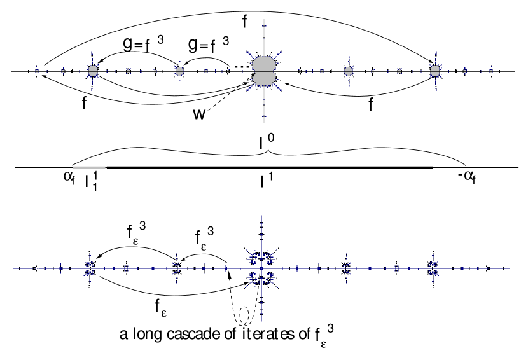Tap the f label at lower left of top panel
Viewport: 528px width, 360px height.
click(84, 103)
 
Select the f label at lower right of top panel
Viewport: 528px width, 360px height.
click(371, 104)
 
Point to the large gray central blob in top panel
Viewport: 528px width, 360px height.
click(263, 71)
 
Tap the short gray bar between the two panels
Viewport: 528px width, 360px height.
click(89, 167)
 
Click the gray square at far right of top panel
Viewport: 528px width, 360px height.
click(435, 71)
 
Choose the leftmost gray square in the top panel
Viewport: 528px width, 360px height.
click(93, 71)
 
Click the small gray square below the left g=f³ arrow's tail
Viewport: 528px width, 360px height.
click(179, 71)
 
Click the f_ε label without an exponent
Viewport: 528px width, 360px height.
click(160, 307)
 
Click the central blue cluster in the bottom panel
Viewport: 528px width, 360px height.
click(261, 267)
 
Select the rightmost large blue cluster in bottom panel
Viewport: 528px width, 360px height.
click(434, 268)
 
